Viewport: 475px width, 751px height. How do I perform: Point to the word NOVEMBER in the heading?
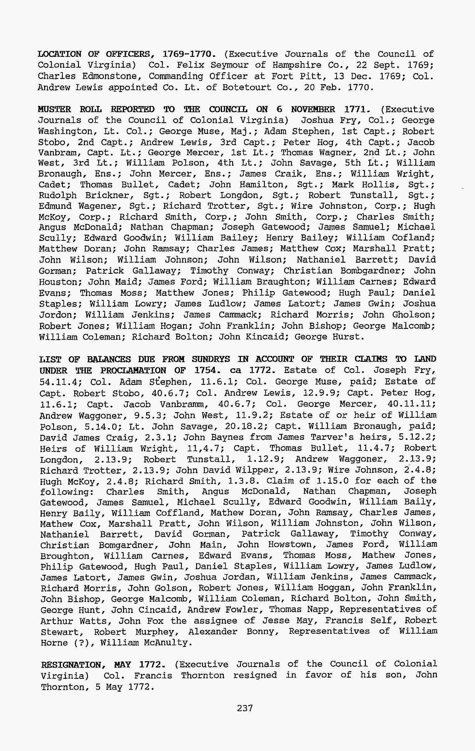point(313,109)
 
